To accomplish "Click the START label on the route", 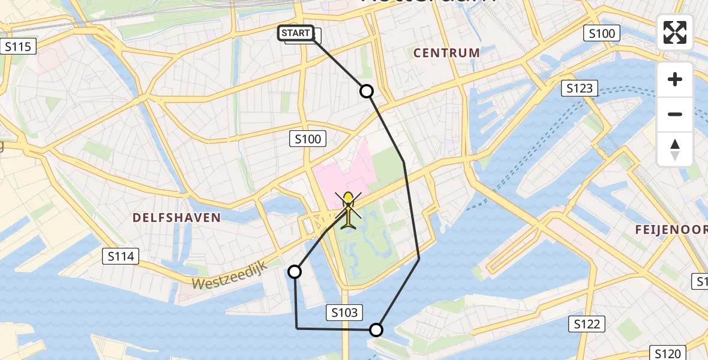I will point(296,33).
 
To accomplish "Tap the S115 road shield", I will point(18,46).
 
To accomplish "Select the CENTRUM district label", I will point(447,53).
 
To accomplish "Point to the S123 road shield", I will point(580,89).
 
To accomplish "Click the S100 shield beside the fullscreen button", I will point(602,34).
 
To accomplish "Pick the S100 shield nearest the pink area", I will point(308,139).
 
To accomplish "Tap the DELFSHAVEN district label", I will point(176,217).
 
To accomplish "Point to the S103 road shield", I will point(344,312).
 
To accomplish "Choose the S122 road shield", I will point(586,325).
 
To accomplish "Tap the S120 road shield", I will point(668,353).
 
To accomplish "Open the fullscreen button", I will point(675,32).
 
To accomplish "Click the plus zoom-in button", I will point(675,79).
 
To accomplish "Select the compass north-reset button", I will point(675,148).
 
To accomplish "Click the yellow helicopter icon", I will point(349,211).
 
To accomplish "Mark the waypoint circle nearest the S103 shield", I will point(376,329).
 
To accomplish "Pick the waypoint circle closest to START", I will point(366,91).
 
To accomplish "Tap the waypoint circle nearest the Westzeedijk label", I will point(295,272).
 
